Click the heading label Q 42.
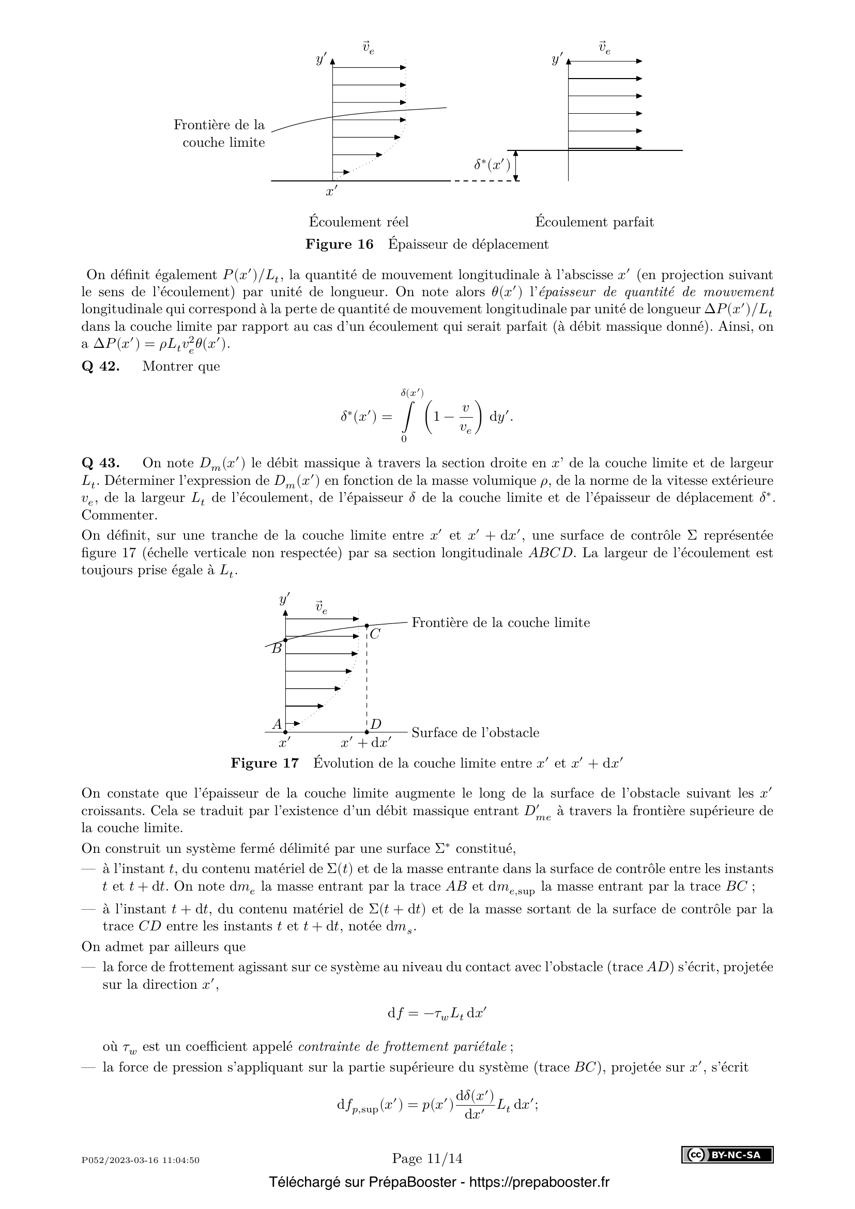click(101, 366)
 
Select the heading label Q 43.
click(101, 463)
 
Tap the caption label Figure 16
click(339, 244)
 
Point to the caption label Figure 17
click(264, 763)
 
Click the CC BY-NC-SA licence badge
click(727, 1155)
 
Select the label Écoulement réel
click(359, 222)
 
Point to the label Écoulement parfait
click(594, 222)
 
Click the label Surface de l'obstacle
click(475, 733)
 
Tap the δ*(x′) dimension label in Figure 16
click(492, 165)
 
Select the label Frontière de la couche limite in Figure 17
click(500, 623)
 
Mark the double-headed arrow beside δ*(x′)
click(516, 166)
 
